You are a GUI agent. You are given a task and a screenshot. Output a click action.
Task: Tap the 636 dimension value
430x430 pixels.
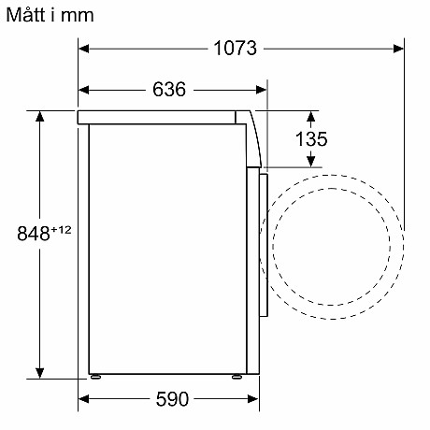[169, 90]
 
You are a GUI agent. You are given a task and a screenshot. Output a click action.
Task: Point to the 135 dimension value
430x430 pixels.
[311, 139]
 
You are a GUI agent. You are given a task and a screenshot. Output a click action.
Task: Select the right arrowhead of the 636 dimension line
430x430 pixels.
[262, 90]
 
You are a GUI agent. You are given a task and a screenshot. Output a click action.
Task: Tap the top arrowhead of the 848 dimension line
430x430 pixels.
[40, 116]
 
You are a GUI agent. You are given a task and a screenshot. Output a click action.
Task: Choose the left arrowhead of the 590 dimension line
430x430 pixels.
[84, 399]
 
